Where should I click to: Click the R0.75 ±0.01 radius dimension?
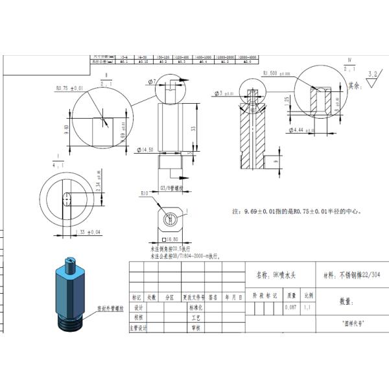[70, 88]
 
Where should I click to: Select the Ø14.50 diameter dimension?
[145, 150]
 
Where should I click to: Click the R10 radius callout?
[146, 193]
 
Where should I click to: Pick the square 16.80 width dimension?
[172, 239]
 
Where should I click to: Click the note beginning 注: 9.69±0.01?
[301, 211]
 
